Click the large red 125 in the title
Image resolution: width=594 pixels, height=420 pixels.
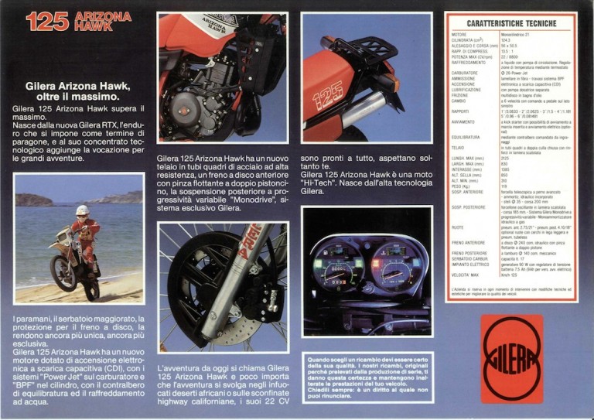pyautogui.click(x=48, y=22)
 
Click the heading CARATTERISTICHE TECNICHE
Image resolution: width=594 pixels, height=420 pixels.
pyautogui.click(x=511, y=24)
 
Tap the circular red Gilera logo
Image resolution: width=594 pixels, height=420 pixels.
pyautogui.click(x=511, y=359)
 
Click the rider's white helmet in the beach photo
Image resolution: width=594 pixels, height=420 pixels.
pyautogui.click(x=82, y=210)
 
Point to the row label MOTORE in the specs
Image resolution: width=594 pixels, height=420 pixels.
pyautogui.click(x=459, y=35)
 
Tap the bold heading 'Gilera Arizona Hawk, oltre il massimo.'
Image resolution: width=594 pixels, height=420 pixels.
pyautogui.click(x=72, y=92)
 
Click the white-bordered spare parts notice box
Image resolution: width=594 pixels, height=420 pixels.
pyautogui.click(x=367, y=377)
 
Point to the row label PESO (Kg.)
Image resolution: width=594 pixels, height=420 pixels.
pyautogui.click(x=463, y=186)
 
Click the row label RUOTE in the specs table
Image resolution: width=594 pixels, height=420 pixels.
pyautogui.click(x=459, y=227)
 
